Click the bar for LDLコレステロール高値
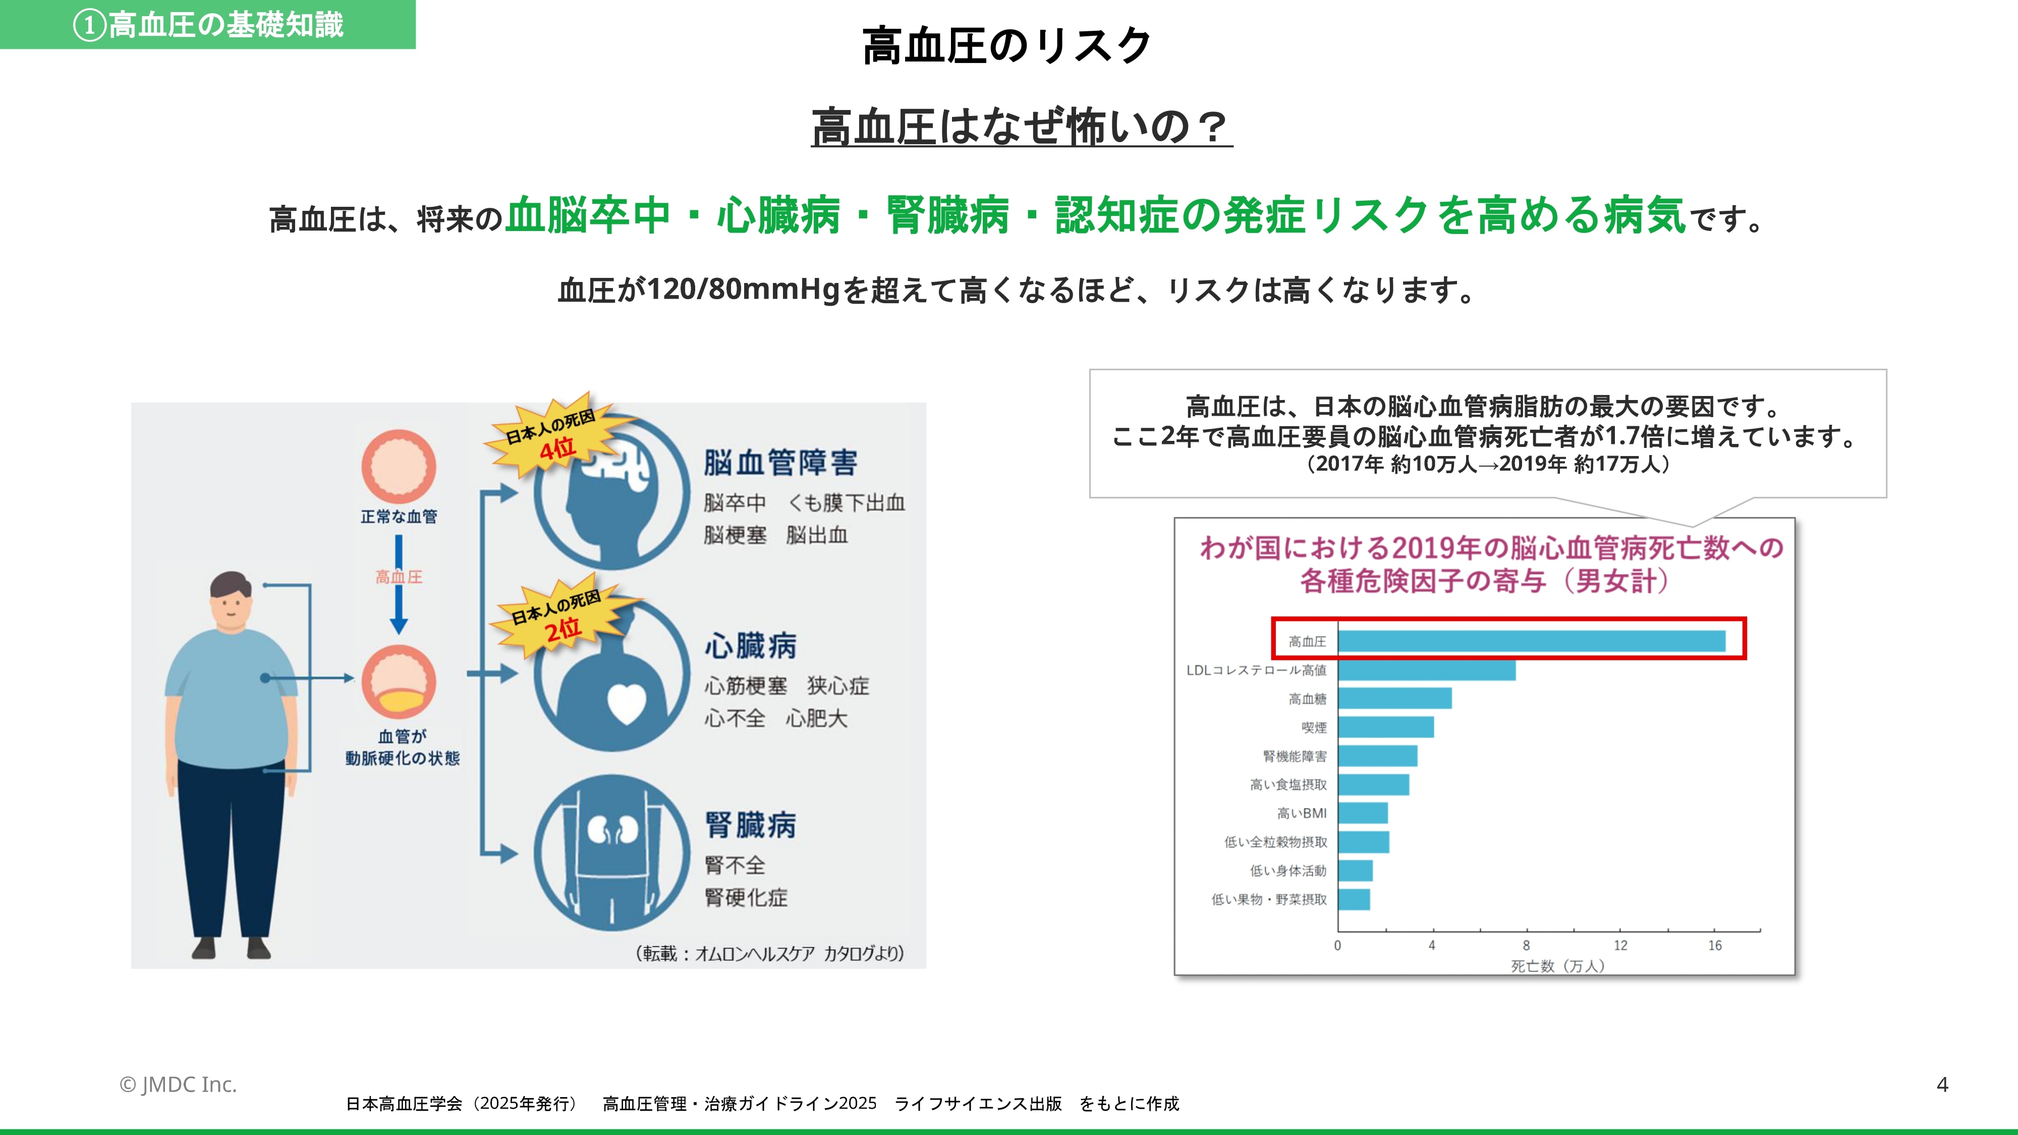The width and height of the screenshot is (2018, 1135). [1427, 670]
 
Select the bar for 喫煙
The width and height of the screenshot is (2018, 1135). [1386, 727]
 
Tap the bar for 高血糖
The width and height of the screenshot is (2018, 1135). [1394, 699]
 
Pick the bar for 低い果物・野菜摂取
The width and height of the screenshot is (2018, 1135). [1354, 899]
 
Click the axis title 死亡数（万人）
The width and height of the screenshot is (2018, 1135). [1557, 967]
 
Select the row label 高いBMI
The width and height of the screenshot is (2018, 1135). [1302, 813]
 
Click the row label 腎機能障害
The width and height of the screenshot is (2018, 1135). [1295, 756]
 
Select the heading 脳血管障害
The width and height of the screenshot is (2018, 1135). [780, 462]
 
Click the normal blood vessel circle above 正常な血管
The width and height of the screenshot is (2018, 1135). [399, 466]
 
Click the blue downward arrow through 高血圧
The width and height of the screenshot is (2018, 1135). [399, 584]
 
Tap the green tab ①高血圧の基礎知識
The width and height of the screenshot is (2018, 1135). [207, 24]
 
